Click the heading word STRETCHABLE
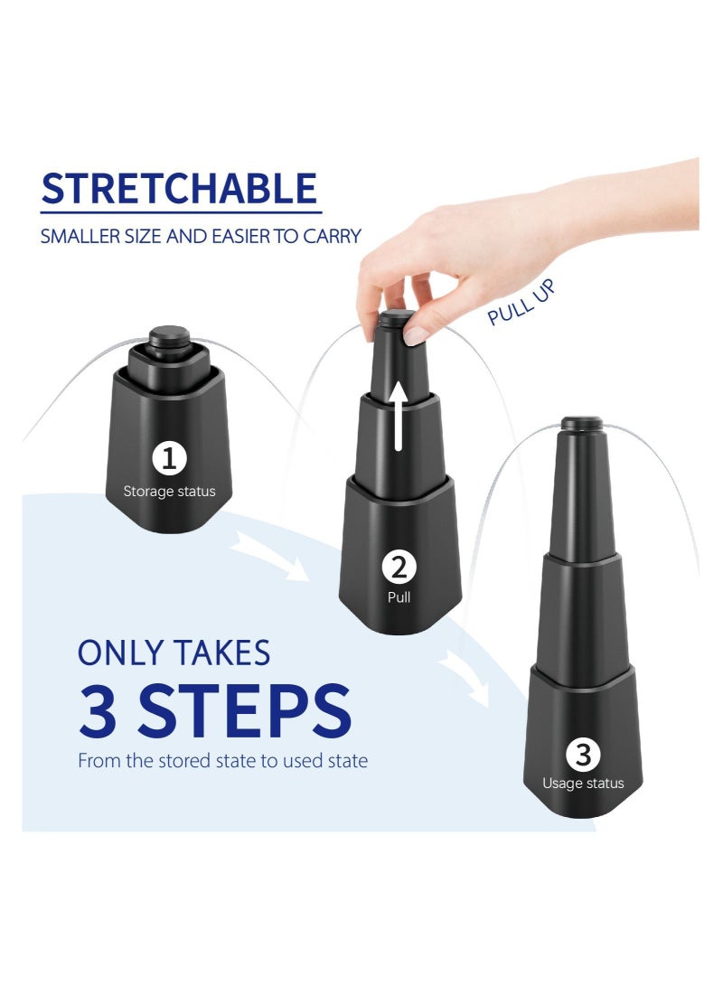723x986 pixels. pyautogui.click(x=180, y=188)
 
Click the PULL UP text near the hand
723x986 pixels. pyautogui.click(x=521, y=303)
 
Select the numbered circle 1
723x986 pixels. pyautogui.click(x=169, y=459)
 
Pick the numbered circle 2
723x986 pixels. pyautogui.click(x=399, y=567)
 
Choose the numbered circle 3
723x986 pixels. pyautogui.click(x=582, y=754)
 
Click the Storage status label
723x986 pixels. pyautogui.click(x=169, y=493)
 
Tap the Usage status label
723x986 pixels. pyautogui.click(x=582, y=784)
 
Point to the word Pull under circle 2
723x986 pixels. pyautogui.click(x=399, y=597)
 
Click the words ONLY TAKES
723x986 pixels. pyautogui.click(x=174, y=652)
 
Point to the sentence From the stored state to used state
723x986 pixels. pyautogui.click(x=222, y=761)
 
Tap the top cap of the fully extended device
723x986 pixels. pyautogui.click(x=582, y=422)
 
